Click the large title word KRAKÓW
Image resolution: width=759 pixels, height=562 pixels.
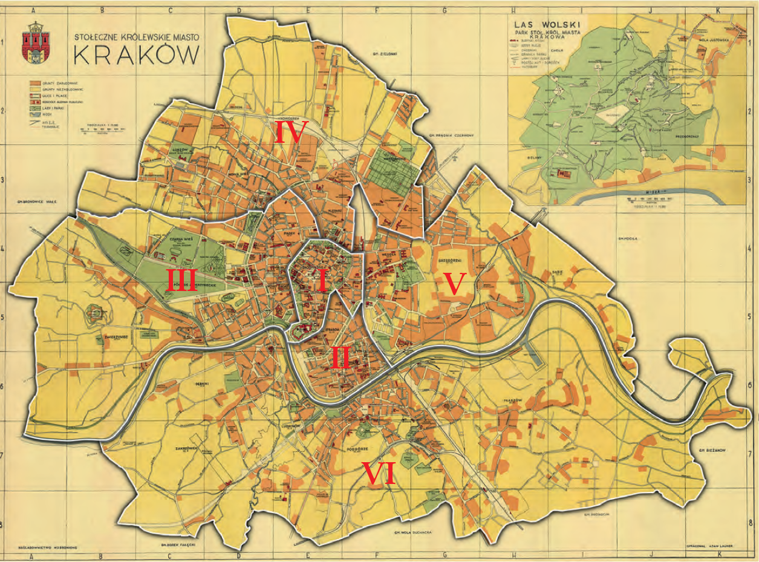136,55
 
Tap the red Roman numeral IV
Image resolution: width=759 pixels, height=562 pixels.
291,132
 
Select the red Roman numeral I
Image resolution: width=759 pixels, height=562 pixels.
322,281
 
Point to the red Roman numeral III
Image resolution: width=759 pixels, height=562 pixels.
181,281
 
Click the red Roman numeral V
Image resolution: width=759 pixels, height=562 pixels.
454,284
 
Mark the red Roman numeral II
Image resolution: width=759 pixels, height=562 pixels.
340,359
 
